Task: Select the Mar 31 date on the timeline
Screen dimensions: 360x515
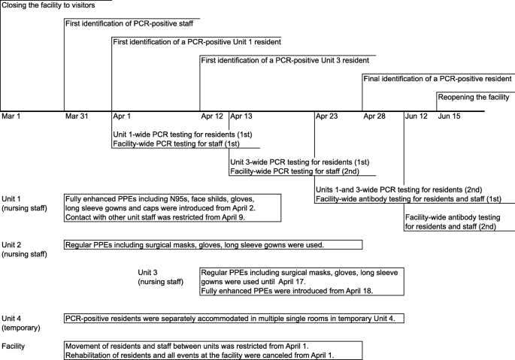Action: pyautogui.click(x=77, y=116)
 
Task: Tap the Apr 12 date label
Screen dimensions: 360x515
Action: pyautogui.click(x=213, y=116)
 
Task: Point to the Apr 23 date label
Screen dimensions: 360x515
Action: pyautogui.click(x=327, y=116)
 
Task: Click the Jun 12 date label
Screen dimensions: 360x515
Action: pyautogui.click(x=417, y=116)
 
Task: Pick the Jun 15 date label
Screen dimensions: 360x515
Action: pyautogui.click(x=450, y=116)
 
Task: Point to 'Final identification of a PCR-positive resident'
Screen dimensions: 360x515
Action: pyautogui.click(x=438, y=78)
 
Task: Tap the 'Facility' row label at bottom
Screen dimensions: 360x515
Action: pyautogui.click(x=16, y=346)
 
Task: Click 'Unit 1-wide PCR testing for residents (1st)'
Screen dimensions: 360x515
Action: pyautogui.click(x=182, y=134)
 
